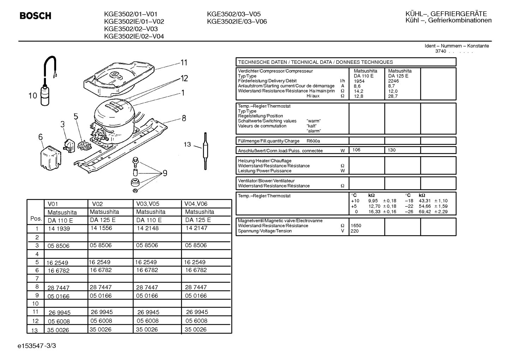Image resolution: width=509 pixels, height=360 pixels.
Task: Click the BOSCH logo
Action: pyautogui.click(x=35, y=16)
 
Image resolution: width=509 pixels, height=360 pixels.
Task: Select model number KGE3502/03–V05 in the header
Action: pyautogui.click(x=234, y=14)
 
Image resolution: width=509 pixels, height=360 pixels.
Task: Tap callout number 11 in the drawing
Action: pyautogui.click(x=184, y=63)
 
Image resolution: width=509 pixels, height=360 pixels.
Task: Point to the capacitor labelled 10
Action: pyautogui.click(x=45, y=95)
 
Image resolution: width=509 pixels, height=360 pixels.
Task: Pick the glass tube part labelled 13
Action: pyautogui.click(x=205, y=151)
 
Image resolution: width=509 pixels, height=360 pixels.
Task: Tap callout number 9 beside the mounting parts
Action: pyautogui.click(x=165, y=173)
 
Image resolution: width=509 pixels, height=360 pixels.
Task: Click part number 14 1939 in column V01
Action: pyautogui.click(x=59, y=229)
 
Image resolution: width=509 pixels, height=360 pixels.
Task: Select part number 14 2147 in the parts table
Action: pyautogui.click(x=197, y=228)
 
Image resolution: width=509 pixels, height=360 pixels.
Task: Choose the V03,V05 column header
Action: pyautogui.click(x=148, y=204)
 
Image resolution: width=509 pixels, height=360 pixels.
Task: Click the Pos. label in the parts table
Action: pyautogui.click(x=36, y=219)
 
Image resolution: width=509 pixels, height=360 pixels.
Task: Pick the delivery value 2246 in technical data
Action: pyautogui.click(x=393, y=81)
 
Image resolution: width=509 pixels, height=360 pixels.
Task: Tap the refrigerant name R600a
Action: pyautogui.click(x=313, y=141)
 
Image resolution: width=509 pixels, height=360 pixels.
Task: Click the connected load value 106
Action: pyautogui.click(x=356, y=150)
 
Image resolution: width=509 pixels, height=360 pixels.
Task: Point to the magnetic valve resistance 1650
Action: pyautogui.click(x=356, y=226)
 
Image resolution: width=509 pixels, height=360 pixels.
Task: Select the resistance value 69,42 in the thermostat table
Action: pyautogui.click(x=425, y=212)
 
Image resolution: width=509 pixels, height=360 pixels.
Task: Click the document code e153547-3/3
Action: pyautogui.click(x=37, y=346)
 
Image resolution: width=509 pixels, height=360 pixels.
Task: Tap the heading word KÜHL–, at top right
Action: pyautogui.click(x=417, y=14)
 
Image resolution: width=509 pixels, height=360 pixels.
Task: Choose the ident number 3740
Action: pyautogui.click(x=441, y=51)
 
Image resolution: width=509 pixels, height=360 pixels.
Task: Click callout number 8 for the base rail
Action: pyautogui.click(x=184, y=118)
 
